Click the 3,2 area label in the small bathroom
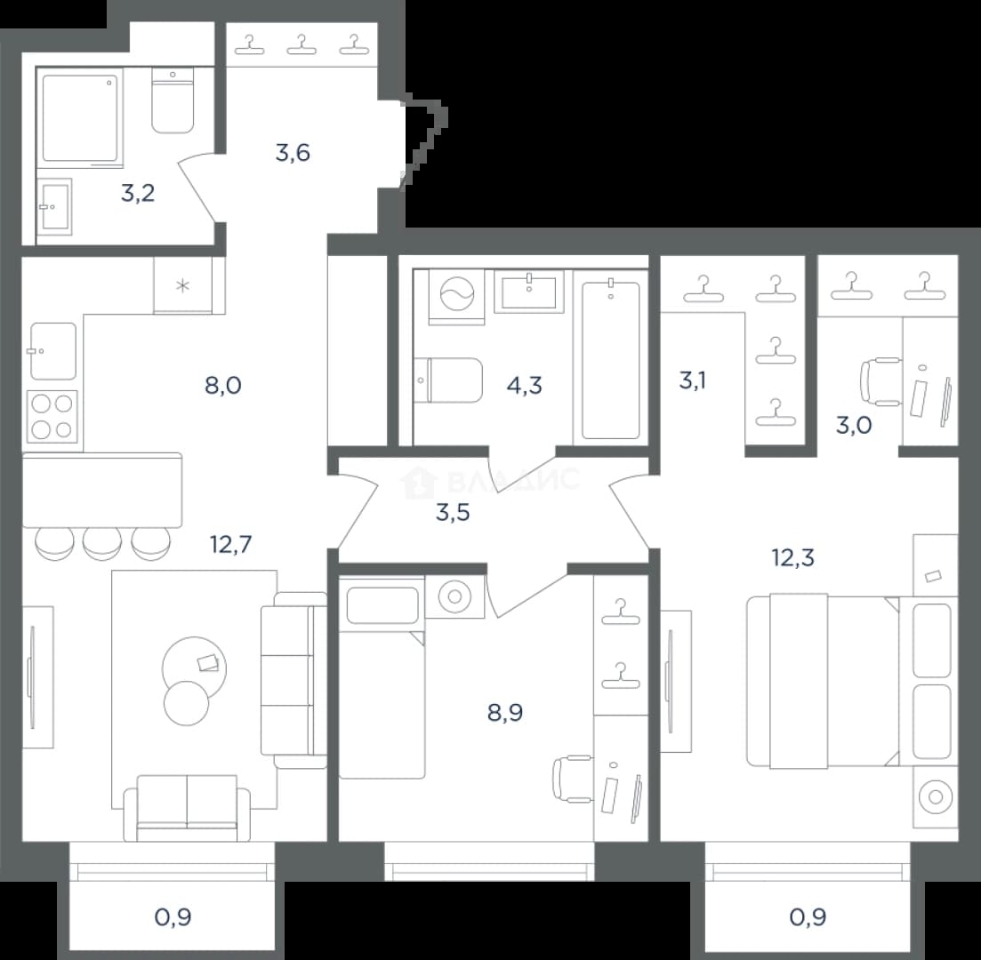[x=138, y=194]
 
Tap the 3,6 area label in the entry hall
[x=293, y=153]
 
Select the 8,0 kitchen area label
[x=222, y=385]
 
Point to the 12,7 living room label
[x=231, y=545]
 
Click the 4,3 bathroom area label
[x=524, y=385]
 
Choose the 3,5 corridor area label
[x=453, y=513]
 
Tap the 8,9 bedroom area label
[x=505, y=712]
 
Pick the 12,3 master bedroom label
[x=793, y=557]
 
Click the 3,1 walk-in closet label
[x=693, y=380]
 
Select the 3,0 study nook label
[x=854, y=426]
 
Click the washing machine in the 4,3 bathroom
[x=457, y=297]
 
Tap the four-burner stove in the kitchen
[x=52, y=417]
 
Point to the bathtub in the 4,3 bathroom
[x=611, y=359]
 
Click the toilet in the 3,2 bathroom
[x=173, y=100]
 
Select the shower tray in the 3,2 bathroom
[x=79, y=117]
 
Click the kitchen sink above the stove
[x=53, y=351]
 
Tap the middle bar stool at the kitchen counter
[x=102, y=543]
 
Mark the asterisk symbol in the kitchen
[x=182, y=286]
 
